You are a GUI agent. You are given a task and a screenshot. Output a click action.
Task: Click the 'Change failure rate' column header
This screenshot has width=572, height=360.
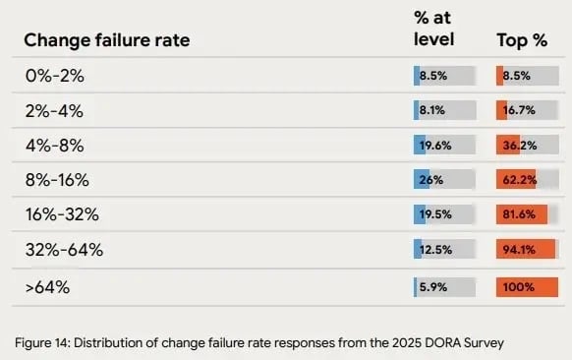[106, 40]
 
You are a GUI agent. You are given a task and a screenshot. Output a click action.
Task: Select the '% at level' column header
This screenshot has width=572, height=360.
[434, 30]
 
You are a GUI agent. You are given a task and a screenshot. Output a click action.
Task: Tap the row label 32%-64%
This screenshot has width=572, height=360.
[63, 250]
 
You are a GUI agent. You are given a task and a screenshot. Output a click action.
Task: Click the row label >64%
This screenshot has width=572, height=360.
[47, 287]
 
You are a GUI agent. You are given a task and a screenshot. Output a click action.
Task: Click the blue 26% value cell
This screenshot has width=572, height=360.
[444, 180]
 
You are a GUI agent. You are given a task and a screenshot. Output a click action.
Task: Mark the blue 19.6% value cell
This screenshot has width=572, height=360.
[444, 146]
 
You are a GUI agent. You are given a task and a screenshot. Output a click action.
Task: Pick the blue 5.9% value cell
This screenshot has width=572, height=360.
[444, 287]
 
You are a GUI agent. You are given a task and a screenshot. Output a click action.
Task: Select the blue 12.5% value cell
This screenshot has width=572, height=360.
[444, 250]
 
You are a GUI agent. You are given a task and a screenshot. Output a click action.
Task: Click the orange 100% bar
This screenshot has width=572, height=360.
[522, 287]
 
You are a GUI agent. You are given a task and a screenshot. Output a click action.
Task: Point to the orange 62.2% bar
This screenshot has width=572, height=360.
[522, 180]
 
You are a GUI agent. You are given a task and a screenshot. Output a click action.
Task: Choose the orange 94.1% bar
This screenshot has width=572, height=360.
[522, 250]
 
